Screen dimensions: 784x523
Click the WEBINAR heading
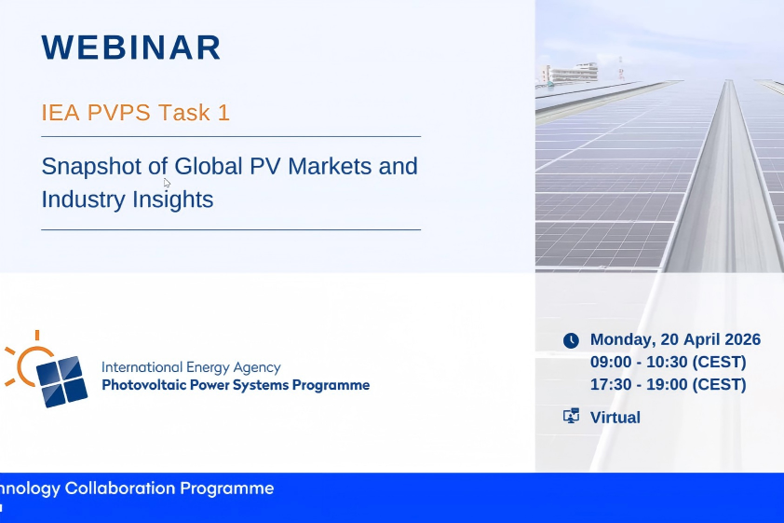[x=131, y=48]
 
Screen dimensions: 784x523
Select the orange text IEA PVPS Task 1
[x=136, y=112]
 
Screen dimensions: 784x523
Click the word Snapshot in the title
[x=92, y=167]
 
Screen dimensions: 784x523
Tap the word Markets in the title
[x=330, y=166]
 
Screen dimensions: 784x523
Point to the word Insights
[x=173, y=200]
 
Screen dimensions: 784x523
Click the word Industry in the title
[x=84, y=200]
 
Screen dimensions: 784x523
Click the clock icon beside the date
[x=571, y=341]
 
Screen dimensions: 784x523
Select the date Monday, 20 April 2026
[x=675, y=339]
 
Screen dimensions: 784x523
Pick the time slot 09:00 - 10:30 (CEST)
[x=669, y=362]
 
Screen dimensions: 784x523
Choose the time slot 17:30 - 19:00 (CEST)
[x=669, y=384]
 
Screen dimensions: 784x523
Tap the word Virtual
[x=615, y=418]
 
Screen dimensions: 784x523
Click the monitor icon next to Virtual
[x=571, y=416]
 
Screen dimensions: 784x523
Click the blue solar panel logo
[x=62, y=381]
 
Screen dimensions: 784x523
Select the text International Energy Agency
[x=191, y=368]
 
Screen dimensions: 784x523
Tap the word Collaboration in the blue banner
[x=120, y=488]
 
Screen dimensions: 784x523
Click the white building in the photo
[x=569, y=73]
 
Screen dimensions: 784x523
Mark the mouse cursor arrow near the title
[x=167, y=183]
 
